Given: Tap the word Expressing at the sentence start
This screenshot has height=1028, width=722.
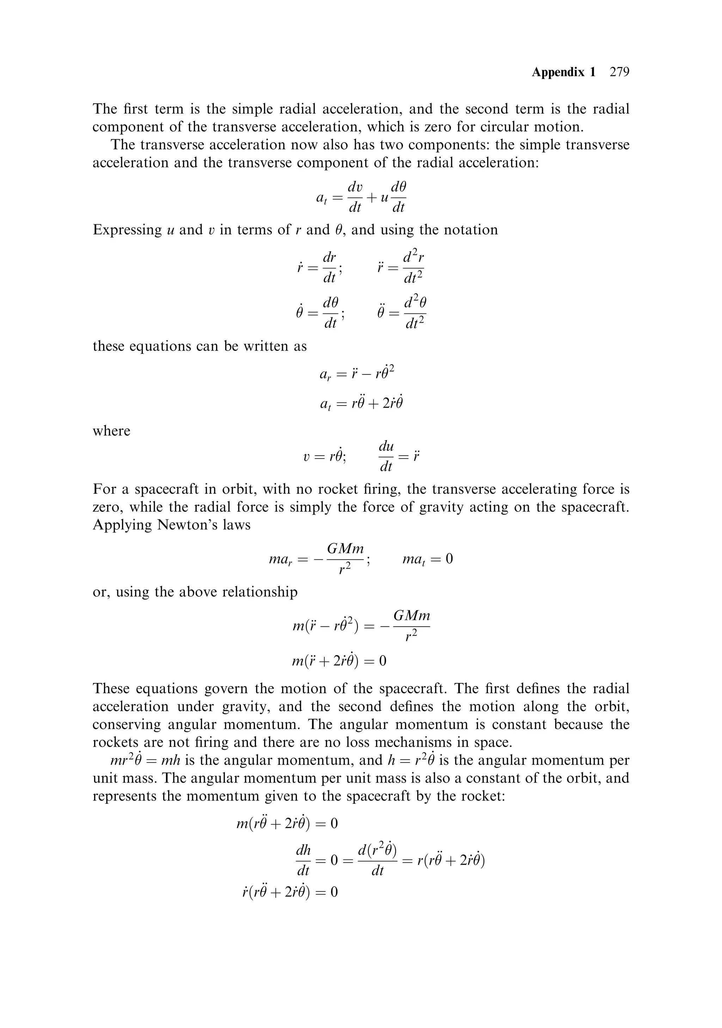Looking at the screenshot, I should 127,230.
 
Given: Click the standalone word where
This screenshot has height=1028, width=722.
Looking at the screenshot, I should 111,431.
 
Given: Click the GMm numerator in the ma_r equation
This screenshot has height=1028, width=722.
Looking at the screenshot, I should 345,548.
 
